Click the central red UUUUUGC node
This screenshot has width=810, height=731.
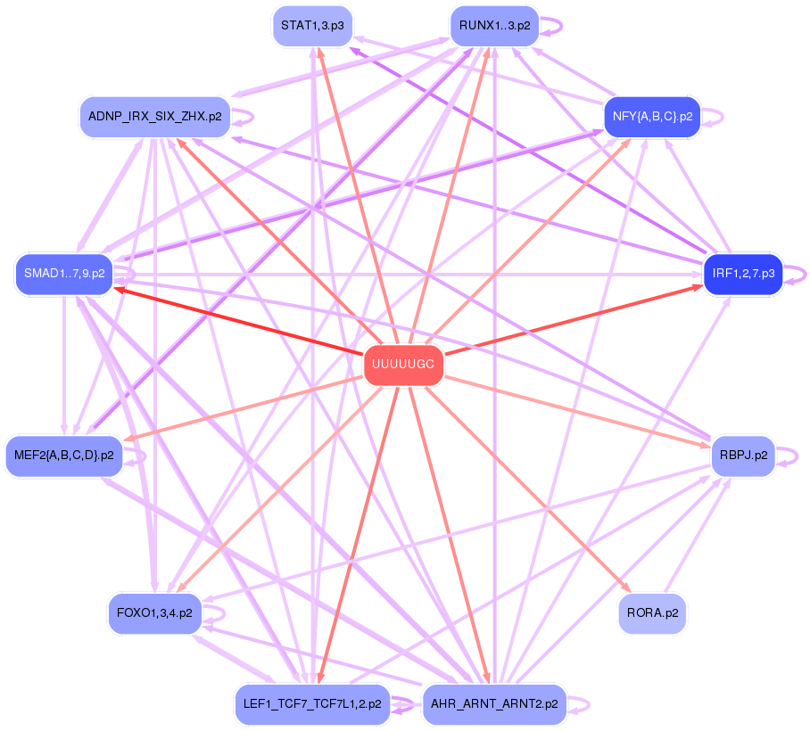(x=403, y=365)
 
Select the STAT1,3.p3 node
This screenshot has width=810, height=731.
(x=312, y=26)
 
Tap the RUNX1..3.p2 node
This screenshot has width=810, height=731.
(x=494, y=26)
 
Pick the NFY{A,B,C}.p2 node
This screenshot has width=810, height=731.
(x=652, y=117)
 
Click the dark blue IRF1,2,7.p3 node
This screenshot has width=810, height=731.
(x=743, y=274)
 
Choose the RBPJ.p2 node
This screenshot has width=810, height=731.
(x=743, y=455)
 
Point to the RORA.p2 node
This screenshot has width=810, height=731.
(x=652, y=613)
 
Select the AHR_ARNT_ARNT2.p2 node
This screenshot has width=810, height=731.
(x=494, y=703)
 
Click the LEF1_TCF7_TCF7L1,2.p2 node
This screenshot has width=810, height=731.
(x=312, y=703)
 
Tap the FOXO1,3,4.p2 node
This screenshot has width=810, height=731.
(x=155, y=613)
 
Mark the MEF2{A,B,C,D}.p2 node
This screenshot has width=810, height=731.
(x=64, y=455)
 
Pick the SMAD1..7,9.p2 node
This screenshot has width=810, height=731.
(x=64, y=274)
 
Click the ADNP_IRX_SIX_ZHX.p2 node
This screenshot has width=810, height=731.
(x=155, y=117)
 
